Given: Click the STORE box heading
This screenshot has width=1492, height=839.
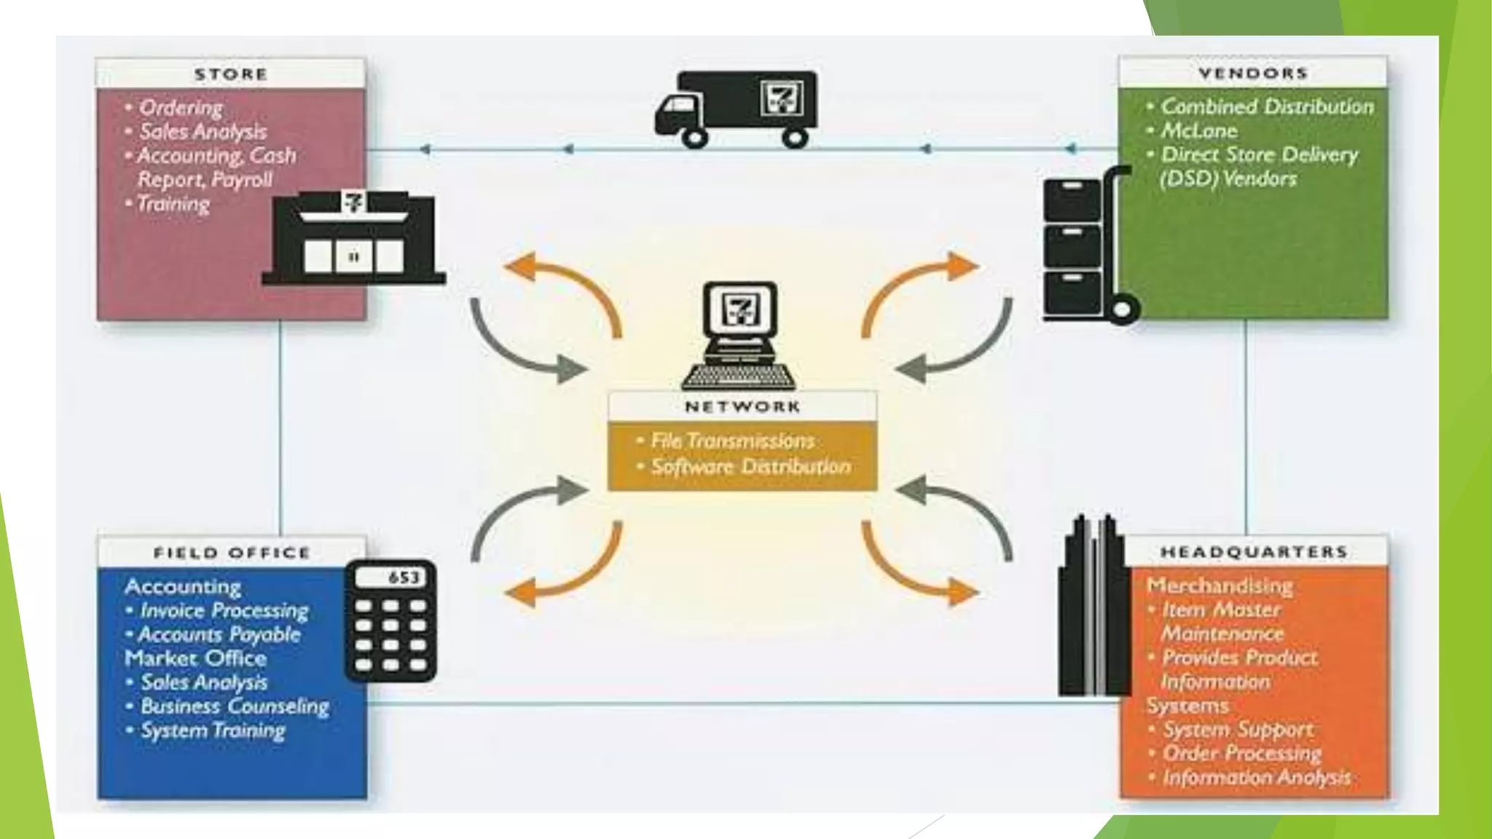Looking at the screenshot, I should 231,74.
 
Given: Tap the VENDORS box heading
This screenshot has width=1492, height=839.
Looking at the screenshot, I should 1253,74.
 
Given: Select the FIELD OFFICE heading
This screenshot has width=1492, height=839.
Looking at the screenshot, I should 232,553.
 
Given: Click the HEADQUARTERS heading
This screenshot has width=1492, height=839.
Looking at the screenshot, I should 1254,552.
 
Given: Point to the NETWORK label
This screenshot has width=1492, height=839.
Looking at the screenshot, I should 742,407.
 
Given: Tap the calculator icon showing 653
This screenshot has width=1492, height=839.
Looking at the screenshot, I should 390,620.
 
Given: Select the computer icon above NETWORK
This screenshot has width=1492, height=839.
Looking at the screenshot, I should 739,335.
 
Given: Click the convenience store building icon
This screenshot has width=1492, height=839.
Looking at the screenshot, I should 354,238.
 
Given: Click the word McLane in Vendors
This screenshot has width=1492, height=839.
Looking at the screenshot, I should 1198,131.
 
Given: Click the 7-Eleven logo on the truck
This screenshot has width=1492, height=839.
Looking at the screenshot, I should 782,98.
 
